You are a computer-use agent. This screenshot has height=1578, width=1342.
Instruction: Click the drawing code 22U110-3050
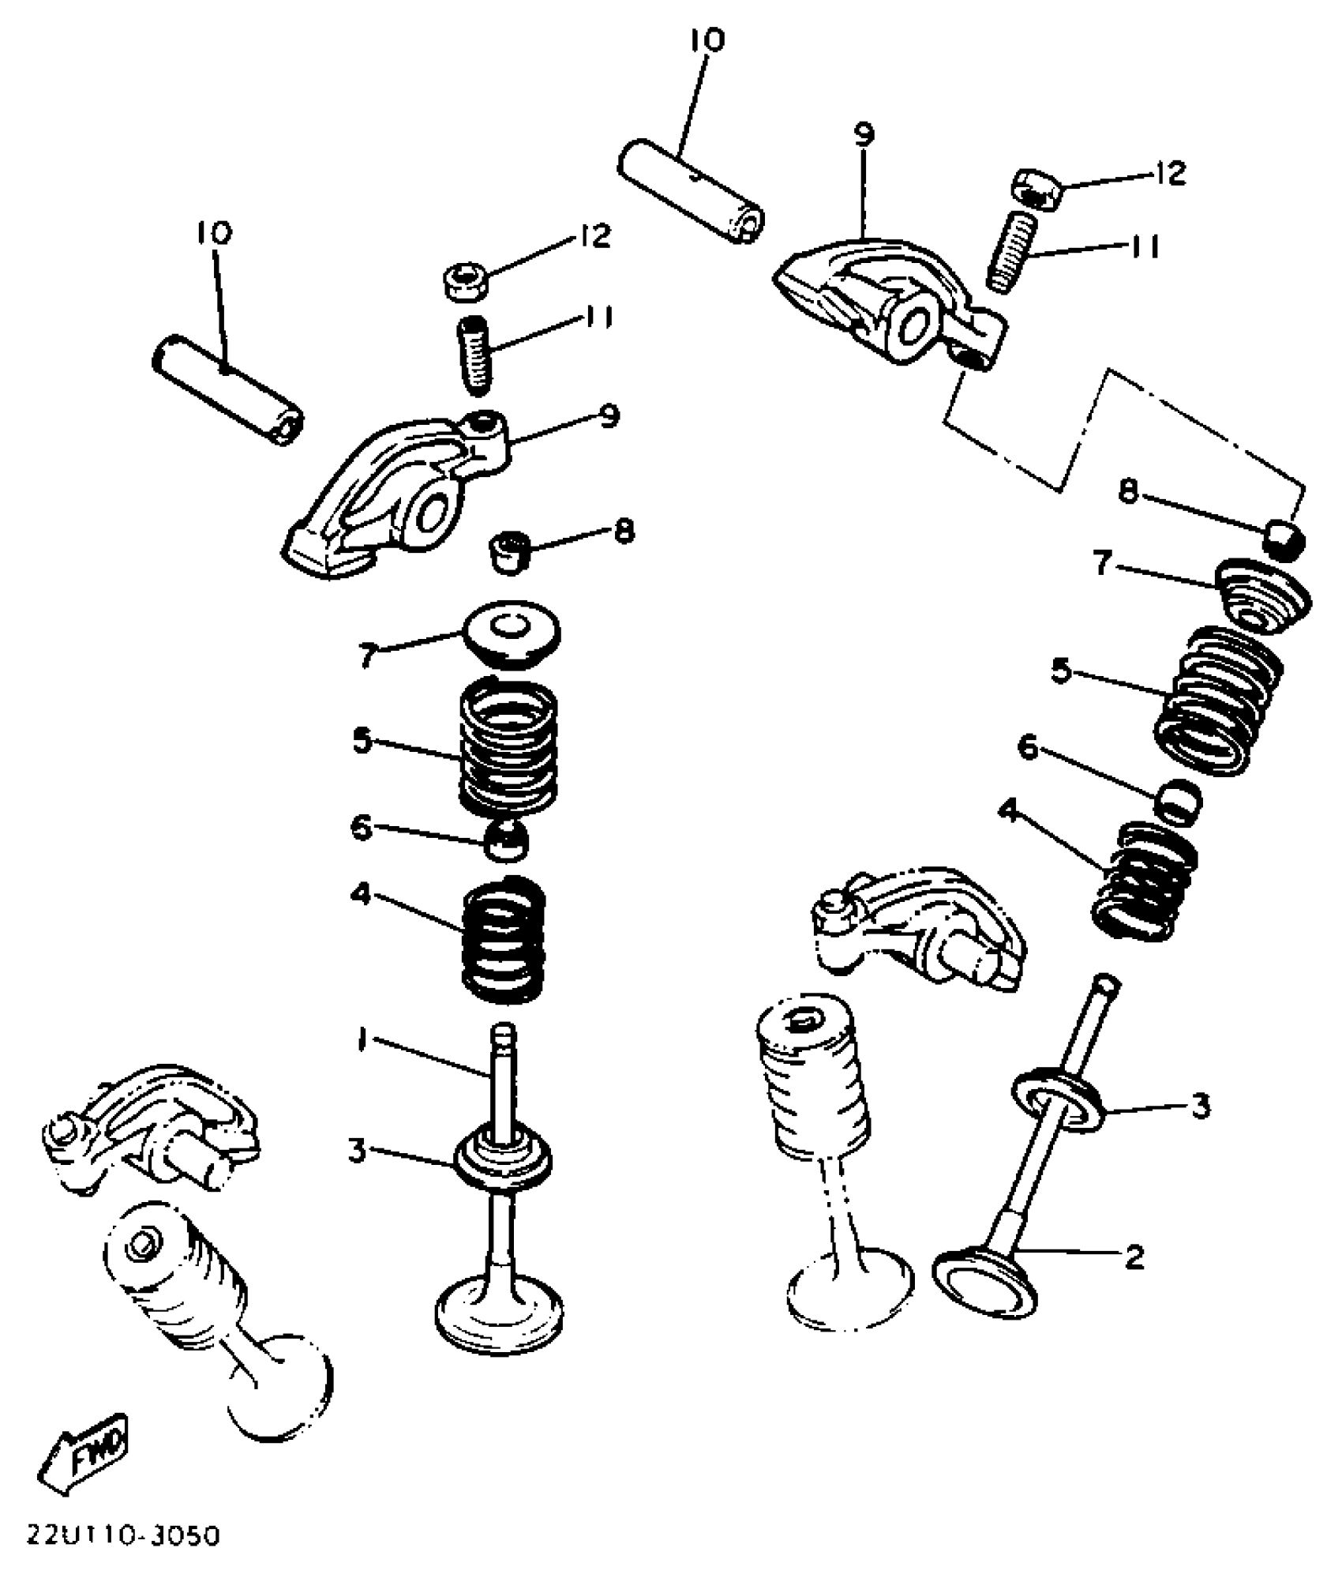coord(123,1535)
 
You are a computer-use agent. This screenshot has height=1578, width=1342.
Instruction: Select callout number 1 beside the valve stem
coord(361,1043)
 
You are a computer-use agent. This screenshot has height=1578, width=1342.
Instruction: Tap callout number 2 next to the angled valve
coord(1134,1257)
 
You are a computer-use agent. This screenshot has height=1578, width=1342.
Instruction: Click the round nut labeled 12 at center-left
coord(465,281)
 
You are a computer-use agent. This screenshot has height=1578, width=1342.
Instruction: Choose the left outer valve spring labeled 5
coord(508,746)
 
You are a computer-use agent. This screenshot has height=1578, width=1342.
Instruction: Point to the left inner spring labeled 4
coord(504,940)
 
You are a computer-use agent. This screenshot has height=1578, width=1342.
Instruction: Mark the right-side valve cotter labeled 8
coord(1285,538)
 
